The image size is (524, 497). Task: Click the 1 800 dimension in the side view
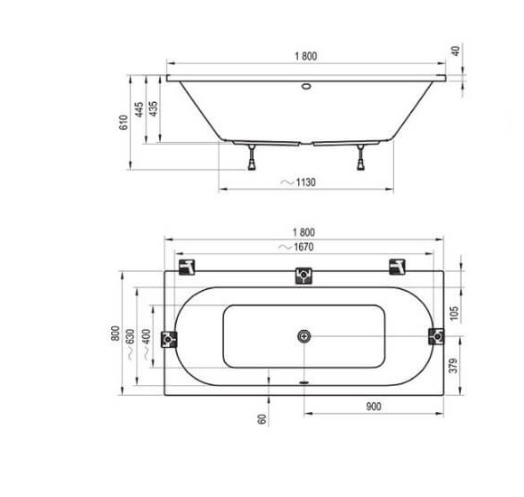click(x=305, y=56)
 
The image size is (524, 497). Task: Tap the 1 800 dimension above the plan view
click(x=304, y=232)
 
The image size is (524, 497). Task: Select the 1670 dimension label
click(x=304, y=247)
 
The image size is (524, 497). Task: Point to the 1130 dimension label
click(x=305, y=183)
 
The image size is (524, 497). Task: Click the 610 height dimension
click(x=123, y=122)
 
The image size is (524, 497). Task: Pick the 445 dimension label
click(x=139, y=109)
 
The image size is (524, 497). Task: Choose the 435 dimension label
click(x=153, y=108)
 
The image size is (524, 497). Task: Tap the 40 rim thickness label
click(x=455, y=51)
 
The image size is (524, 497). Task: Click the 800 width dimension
click(x=115, y=333)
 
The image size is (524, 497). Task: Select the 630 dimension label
click(x=130, y=336)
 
